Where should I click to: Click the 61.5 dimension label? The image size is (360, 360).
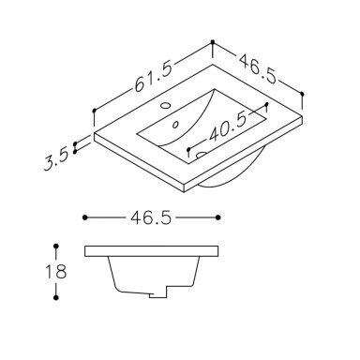154,77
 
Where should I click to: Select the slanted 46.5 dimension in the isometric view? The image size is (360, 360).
258,69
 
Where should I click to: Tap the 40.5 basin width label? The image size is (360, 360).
228,127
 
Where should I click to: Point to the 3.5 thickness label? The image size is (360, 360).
56,159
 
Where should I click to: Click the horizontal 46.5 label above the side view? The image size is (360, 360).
151,217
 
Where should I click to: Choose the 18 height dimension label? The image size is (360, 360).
56,271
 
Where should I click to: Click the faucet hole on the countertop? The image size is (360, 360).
165,105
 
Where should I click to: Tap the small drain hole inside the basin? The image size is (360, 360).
175,125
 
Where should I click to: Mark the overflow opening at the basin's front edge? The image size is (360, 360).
201,154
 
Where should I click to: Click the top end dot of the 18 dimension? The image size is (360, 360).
56,247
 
